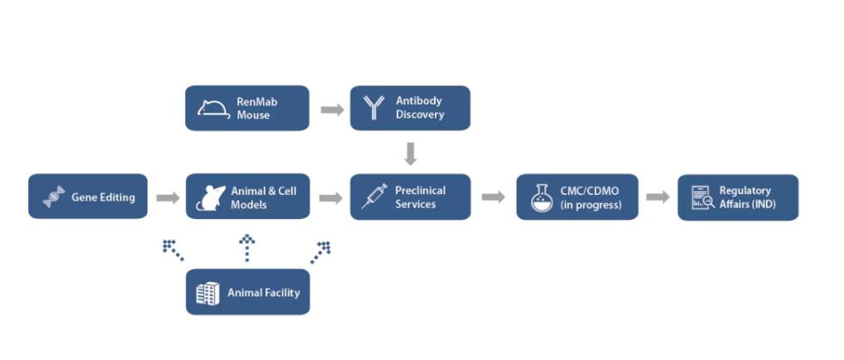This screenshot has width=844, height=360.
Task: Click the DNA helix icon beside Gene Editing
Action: (54, 197)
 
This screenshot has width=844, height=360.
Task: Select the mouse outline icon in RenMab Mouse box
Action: (213, 108)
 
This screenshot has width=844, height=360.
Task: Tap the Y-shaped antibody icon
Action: (372, 108)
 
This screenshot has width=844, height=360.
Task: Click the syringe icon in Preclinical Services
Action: (374, 197)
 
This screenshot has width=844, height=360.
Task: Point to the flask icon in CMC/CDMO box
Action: (543, 197)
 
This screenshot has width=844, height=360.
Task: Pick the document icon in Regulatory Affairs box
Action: (702, 197)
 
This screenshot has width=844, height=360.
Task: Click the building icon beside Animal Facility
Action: (207, 294)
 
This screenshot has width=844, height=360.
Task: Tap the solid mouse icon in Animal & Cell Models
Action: (211, 198)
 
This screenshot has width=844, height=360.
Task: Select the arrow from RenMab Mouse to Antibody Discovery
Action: (332, 109)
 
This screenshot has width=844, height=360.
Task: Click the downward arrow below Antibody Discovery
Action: (411, 154)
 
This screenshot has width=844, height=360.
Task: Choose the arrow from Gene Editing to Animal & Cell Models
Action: (168, 197)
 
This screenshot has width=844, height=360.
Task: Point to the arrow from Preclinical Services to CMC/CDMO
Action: (494, 197)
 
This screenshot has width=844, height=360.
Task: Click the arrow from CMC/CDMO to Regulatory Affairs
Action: (658, 197)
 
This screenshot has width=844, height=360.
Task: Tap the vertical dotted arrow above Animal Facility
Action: (247, 248)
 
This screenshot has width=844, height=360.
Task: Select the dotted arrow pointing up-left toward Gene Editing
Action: (173, 251)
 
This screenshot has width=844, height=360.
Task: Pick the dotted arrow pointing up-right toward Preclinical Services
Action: (321, 252)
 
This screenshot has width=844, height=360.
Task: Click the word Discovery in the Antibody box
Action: (420, 114)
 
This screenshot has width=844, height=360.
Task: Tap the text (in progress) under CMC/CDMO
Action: (591, 205)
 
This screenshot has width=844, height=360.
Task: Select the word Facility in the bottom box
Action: (281, 293)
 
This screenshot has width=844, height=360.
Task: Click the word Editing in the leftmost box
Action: (117, 197)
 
